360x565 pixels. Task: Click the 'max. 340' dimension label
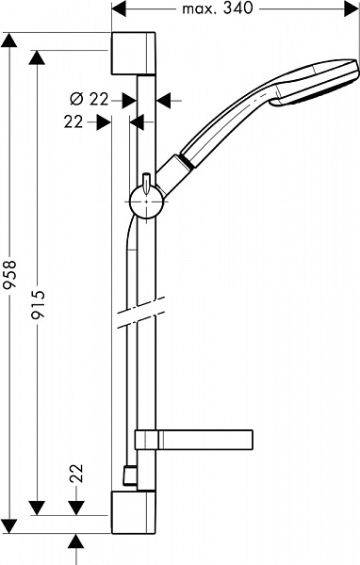click(217, 8)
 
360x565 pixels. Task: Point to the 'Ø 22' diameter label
click(90, 99)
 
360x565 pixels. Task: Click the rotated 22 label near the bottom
click(76, 473)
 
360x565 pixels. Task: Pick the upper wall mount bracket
click(134, 54)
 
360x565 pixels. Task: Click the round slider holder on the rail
click(147, 202)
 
